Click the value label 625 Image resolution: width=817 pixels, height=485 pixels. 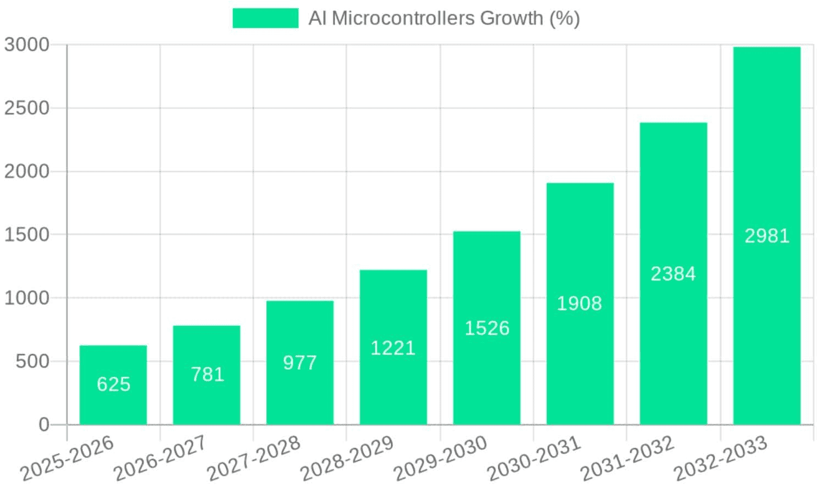(x=114, y=384)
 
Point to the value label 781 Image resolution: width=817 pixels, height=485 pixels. (x=207, y=374)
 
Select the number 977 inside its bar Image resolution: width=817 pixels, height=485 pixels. (x=299, y=362)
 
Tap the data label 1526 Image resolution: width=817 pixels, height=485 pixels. (x=487, y=328)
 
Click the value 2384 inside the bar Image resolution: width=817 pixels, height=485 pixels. (x=673, y=273)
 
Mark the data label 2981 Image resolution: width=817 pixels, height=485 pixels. (x=766, y=235)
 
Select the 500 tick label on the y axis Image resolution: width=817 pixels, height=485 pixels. (x=32, y=361)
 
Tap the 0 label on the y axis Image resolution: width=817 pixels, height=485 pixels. (x=44, y=425)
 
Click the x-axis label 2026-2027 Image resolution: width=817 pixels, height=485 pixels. (x=159, y=458)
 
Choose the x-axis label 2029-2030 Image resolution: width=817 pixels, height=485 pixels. (x=440, y=458)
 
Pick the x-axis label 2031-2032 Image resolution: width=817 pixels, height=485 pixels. (x=626, y=458)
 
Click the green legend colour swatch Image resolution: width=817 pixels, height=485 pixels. (x=265, y=18)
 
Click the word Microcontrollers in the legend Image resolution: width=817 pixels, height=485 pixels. (x=403, y=18)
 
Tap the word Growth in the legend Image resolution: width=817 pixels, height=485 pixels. (x=511, y=18)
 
